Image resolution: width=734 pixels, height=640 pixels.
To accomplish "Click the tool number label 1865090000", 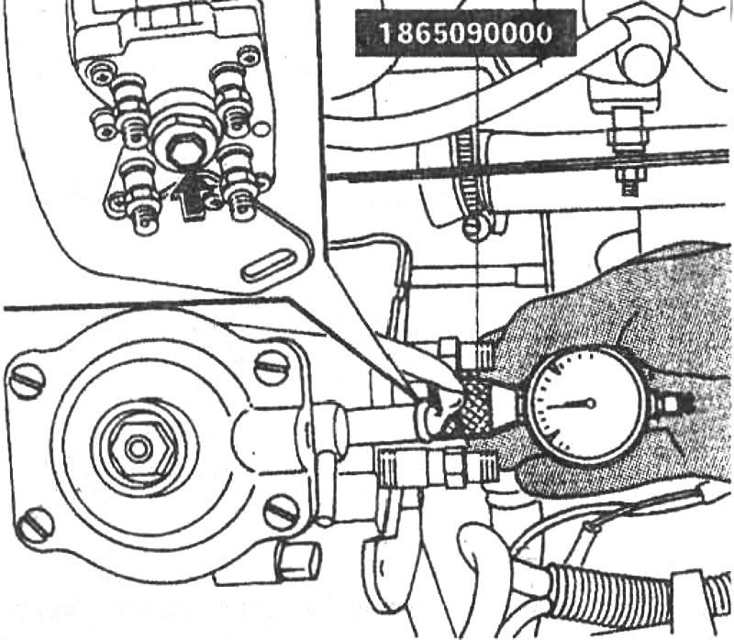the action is point(465,33).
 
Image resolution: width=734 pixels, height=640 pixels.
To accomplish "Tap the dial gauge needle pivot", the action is point(591,403).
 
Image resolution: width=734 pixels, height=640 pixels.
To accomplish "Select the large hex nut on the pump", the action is point(139,448).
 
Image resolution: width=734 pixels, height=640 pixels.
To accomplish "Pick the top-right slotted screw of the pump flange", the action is point(272,368).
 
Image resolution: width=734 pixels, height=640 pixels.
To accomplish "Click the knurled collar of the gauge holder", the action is point(472,406).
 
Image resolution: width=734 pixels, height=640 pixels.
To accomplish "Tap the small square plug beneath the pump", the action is point(297,560).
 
